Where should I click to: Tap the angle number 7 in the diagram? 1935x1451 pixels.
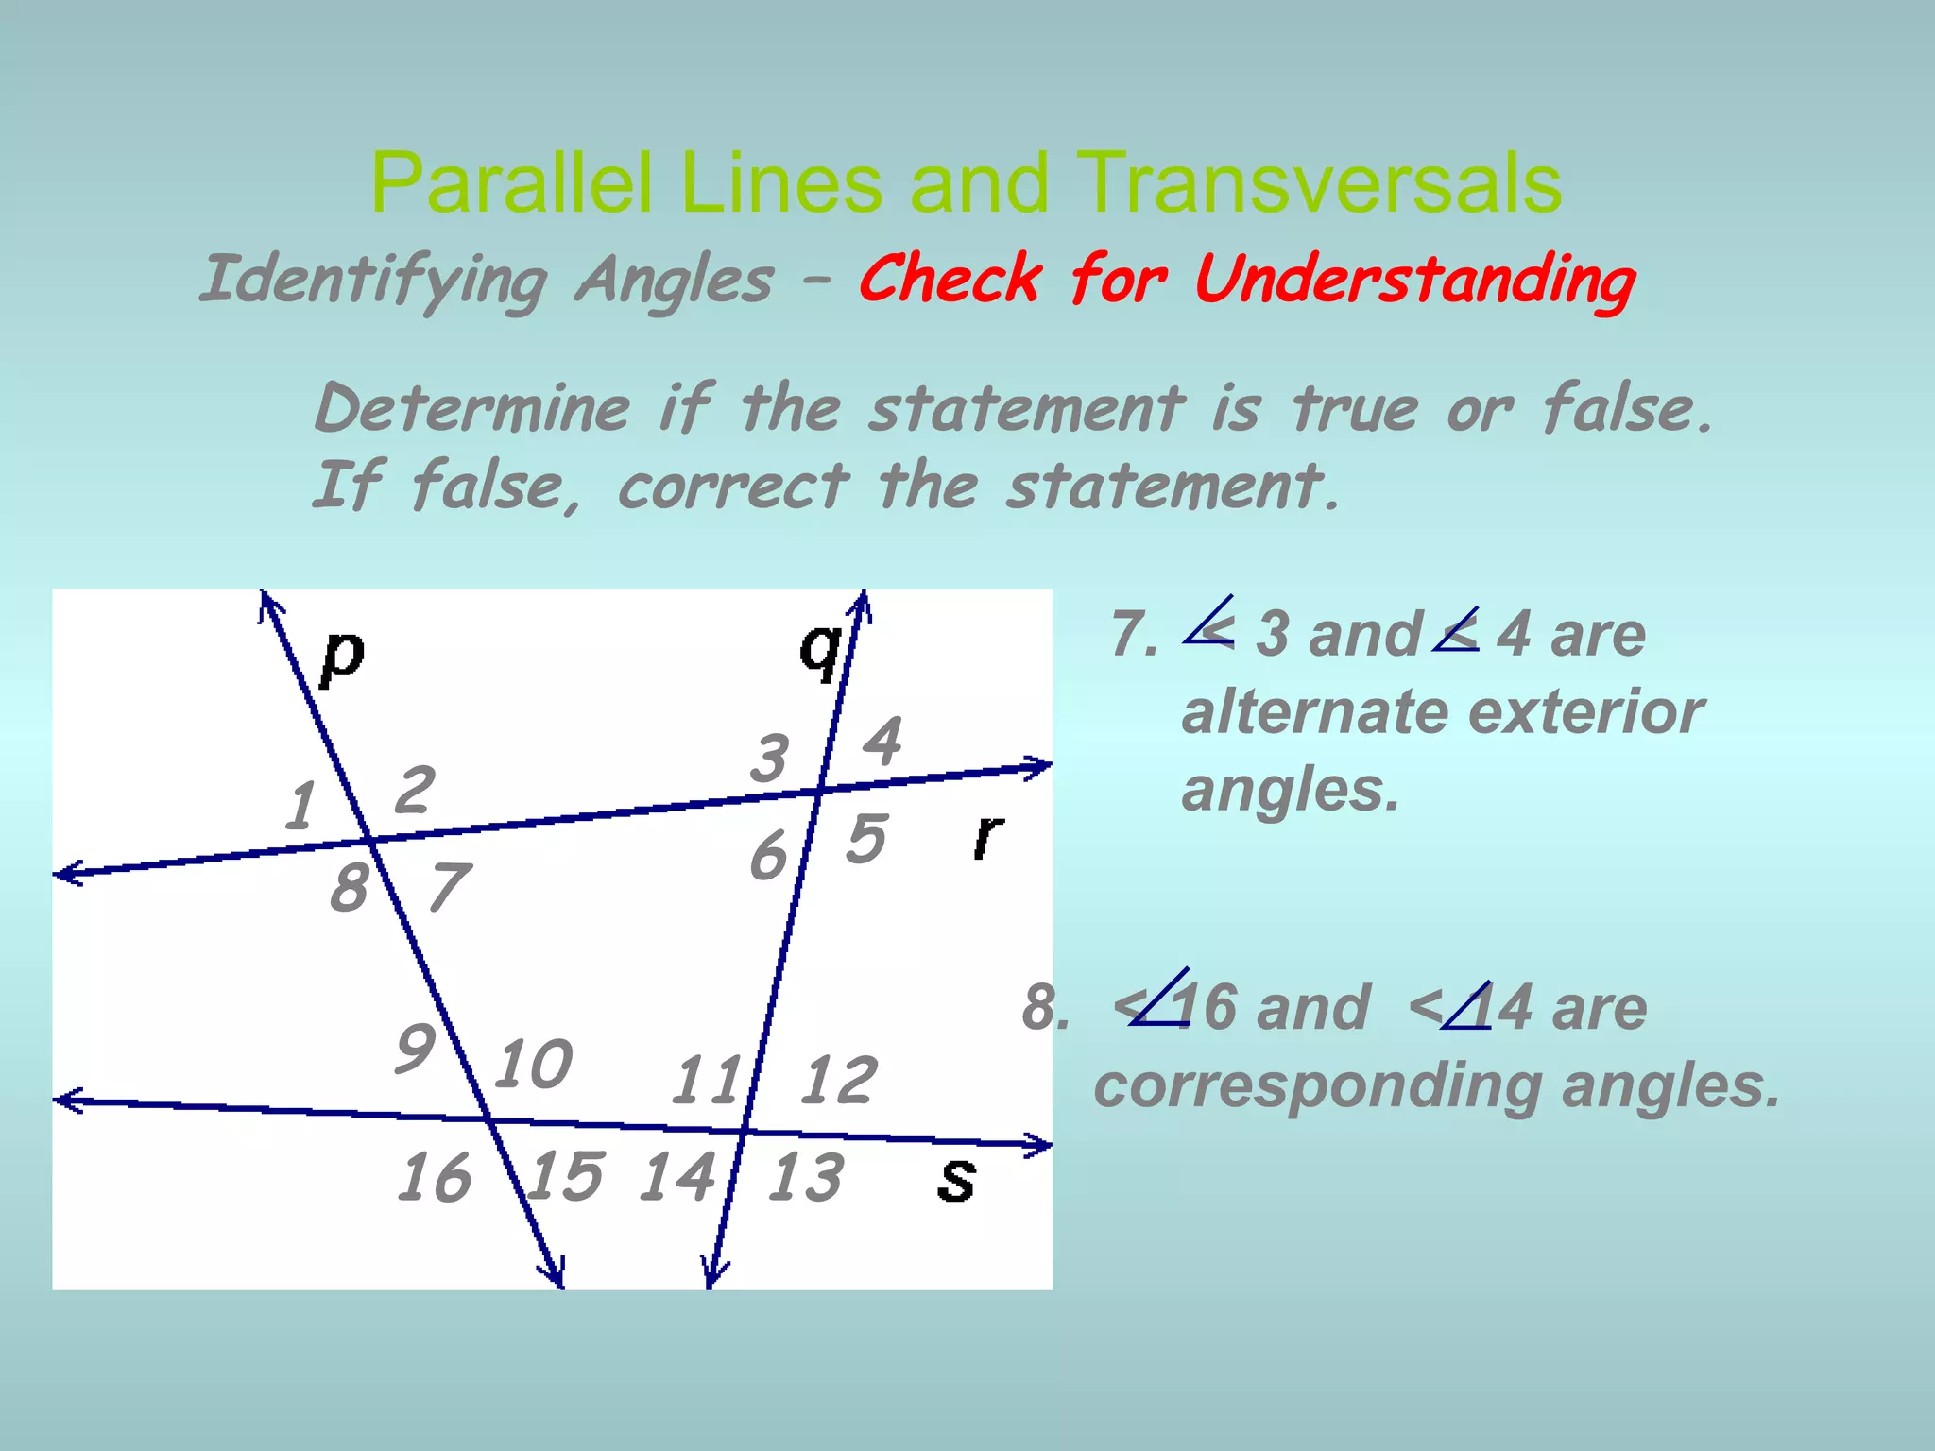(x=448, y=887)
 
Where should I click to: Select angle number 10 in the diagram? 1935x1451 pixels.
(x=534, y=1064)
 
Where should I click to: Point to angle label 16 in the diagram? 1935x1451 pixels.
(x=434, y=1178)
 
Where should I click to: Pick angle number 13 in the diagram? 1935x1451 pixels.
(x=805, y=1178)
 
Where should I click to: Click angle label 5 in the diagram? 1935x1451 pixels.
(x=866, y=838)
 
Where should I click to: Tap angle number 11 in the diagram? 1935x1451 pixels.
(x=706, y=1081)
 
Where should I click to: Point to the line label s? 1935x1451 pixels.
(x=956, y=1180)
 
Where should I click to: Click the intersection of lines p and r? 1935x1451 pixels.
(x=369, y=840)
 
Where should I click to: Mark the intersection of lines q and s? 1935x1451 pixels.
(x=745, y=1130)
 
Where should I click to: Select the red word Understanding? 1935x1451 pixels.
(x=1414, y=281)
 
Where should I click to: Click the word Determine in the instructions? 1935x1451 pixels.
(x=472, y=409)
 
